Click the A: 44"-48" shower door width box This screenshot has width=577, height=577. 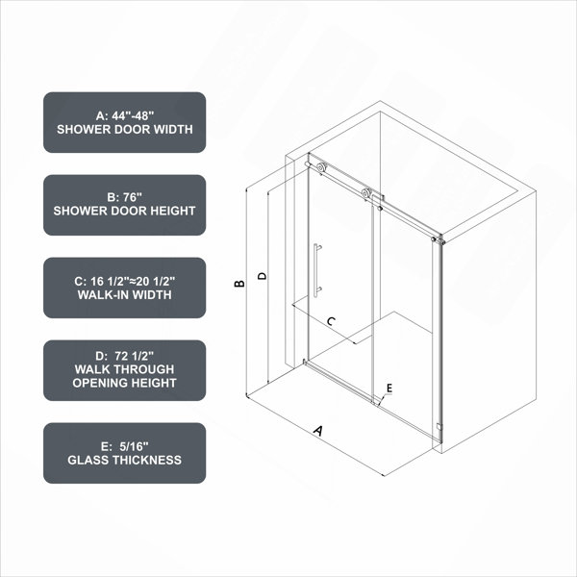click(x=124, y=122)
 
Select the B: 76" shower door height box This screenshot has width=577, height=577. click(x=124, y=205)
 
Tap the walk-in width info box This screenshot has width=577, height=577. click(x=124, y=288)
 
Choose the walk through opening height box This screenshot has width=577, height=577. click(x=124, y=370)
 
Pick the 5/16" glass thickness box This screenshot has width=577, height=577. click(x=124, y=453)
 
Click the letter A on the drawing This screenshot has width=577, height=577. click(x=318, y=431)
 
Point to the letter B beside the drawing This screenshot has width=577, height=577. click(x=239, y=284)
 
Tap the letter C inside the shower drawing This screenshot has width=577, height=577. click(x=331, y=321)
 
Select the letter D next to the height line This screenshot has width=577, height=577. click(x=262, y=276)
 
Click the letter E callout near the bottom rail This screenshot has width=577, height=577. click(x=389, y=388)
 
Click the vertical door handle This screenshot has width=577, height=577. click(x=316, y=269)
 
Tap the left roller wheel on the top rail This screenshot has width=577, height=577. click(x=321, y=167)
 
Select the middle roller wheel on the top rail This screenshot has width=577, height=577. click(x=366, y=193)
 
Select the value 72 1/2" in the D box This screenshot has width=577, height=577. click(x=134, y=356)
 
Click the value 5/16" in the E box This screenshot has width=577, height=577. click(x=134, y=446)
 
